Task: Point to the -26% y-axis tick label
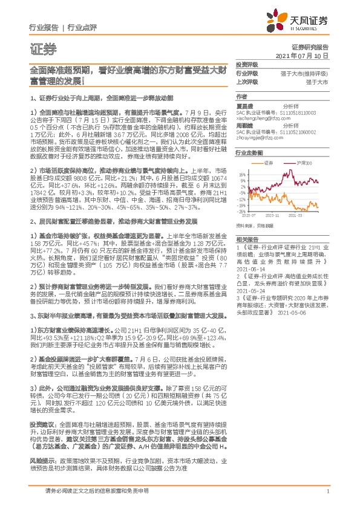pos(241,212)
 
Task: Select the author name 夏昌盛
pos(244,105)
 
